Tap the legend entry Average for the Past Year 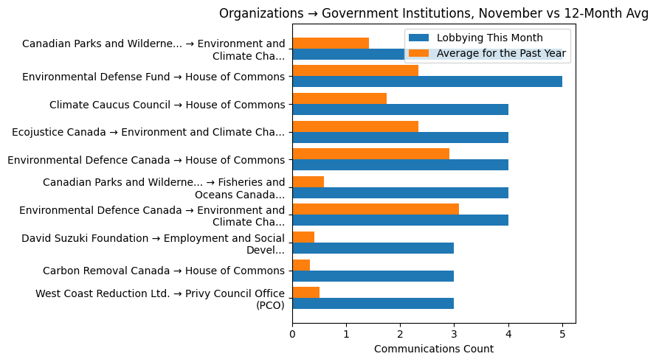point(501,53)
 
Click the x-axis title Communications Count point(434,349)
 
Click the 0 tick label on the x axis point(292,334)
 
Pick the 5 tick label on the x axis point(562,334)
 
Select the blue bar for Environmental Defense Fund point(427,82)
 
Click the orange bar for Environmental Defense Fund point(355,71)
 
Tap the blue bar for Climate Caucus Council point(400,110)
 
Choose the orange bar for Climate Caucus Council point(339,99)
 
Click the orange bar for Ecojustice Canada point(355,126)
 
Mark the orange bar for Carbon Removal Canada point(301,265)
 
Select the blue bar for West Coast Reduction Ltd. point(373,304)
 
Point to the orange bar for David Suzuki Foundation point(303,237)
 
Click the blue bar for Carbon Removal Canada point(373,276)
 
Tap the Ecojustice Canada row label point(148,132)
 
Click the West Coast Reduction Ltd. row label point(160,299)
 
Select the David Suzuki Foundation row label point(153,243)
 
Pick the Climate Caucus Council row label point(167,105)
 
